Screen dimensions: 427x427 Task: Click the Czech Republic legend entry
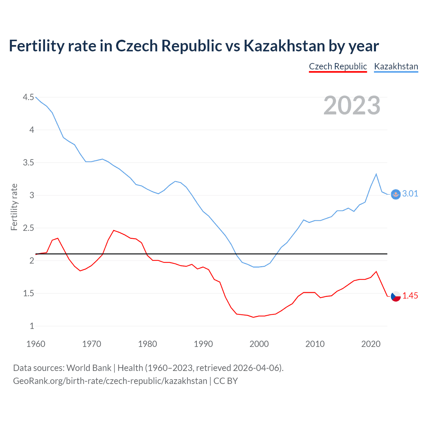338,66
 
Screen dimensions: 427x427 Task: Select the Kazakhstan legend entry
396,66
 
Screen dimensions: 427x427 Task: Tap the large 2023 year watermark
352,105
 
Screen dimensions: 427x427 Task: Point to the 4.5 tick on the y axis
28,97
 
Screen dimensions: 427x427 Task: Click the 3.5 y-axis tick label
28,162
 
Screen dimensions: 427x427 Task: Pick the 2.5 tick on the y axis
28,228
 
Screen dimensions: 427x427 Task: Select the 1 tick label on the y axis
32,326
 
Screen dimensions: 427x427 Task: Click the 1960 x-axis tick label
36,344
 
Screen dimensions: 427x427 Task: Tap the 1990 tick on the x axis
203,344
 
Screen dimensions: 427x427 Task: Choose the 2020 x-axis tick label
371,344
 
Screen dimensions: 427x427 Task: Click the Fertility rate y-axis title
14,207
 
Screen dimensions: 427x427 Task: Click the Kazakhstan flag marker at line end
396,194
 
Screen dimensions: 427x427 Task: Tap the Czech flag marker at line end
396,296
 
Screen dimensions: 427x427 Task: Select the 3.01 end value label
410,194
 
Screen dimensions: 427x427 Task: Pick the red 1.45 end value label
410,296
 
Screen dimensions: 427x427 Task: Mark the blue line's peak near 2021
376,174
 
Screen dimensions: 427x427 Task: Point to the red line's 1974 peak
114,231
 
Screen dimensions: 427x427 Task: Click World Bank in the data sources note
89,368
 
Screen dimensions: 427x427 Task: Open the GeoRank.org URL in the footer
110,381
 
